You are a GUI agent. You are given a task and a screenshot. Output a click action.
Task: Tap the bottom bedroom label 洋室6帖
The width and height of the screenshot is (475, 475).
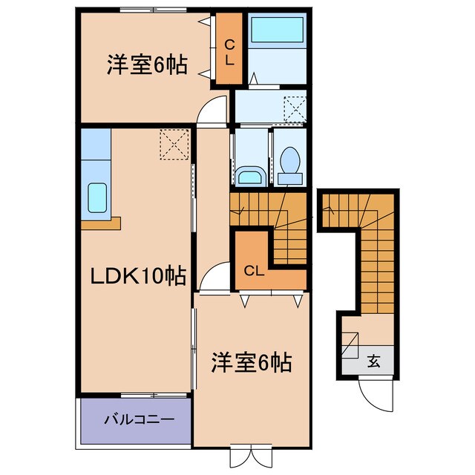coord(251,363)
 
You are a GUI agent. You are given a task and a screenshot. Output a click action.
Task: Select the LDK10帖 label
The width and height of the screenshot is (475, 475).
coord(137,276)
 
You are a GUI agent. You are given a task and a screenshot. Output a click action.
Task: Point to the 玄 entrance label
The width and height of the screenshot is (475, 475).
coord(374,362)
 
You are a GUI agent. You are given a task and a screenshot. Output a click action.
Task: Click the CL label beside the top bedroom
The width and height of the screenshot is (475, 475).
coord(229,52)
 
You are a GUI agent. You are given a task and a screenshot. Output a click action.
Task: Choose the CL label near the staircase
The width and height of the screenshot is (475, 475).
coord(253,271)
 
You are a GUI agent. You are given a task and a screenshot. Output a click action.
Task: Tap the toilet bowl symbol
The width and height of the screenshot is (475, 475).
coord(289,162)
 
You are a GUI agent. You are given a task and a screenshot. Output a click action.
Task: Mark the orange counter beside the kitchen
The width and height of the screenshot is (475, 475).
coord(99,220)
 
